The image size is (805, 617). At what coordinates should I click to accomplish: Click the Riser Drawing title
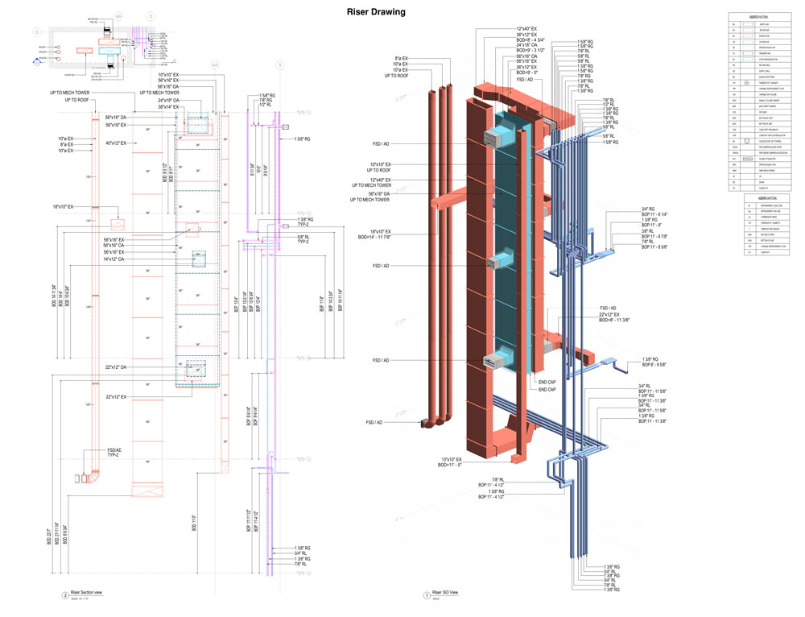pyautogui.click(x=376, y=12)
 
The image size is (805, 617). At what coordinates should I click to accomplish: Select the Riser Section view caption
pyautogui.click(x=89, y=593)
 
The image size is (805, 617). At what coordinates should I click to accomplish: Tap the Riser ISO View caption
pyautogui.click(x=446, y=593)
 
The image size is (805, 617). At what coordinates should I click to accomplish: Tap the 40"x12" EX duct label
pyautogui.click(x=121, y=143)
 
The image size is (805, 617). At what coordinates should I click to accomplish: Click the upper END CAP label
pyautogui.click(x=547, y=383)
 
